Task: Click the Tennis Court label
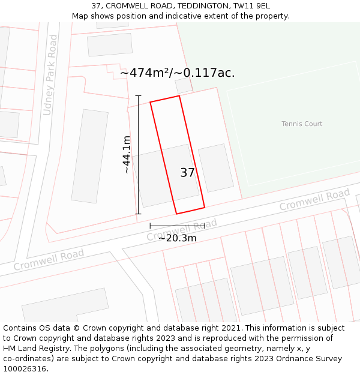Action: point(302,124)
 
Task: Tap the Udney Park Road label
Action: point(51,75)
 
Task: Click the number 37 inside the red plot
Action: point(187,173)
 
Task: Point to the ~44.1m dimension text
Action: point(127,155)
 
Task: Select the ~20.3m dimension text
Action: point(177,238)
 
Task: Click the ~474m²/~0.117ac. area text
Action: point(178,73)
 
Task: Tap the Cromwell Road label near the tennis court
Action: point(314,200)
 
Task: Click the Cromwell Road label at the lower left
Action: point(49,260)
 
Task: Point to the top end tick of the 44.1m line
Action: point(138,95)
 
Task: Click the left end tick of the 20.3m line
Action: point(150,226)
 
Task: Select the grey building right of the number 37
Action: point(215,167)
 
